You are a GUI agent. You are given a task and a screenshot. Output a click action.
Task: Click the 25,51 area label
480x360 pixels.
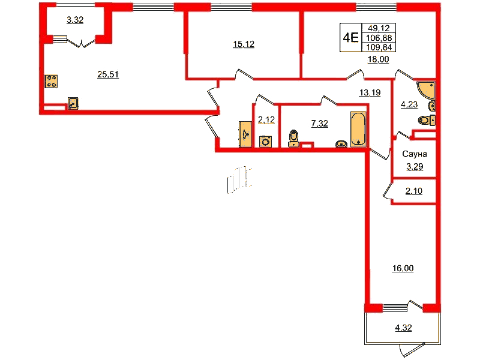(108, 74)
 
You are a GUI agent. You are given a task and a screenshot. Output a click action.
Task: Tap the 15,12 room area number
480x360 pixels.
(244, 44)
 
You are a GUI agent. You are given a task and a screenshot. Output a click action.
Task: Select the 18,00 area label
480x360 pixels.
(379, 59)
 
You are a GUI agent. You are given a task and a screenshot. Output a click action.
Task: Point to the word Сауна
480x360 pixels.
(415, 154)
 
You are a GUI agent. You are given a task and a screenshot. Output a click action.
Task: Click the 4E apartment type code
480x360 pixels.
(350, 38)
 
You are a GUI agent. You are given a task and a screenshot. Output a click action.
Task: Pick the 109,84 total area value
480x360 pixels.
(379, 47)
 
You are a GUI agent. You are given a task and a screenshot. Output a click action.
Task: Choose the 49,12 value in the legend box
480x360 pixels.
(379, 28)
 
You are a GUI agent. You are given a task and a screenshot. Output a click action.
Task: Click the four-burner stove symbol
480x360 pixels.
(51, 82)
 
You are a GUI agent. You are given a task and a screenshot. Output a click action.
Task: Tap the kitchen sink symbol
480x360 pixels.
(73, 103)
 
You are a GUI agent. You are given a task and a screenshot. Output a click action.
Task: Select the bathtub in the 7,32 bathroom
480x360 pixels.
(358, 129)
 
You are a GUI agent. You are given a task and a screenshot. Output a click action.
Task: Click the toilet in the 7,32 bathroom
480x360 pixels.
(294, 139)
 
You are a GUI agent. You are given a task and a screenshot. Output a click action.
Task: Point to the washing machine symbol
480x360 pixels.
(265, 142)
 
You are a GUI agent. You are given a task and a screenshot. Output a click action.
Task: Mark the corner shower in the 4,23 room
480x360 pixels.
(426, 90)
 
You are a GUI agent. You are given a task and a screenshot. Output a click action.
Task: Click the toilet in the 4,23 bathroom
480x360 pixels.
(427, 121)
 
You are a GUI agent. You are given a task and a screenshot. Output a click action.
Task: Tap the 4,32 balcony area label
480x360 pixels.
(403, 328)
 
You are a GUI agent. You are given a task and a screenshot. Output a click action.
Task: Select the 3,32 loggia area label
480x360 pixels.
(75, 20)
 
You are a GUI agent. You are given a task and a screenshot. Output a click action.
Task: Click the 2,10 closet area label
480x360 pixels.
(414, 191)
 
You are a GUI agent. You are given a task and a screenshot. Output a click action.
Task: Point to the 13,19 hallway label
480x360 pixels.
(370, 92)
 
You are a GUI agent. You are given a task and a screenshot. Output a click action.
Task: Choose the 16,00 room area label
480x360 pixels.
(403, 268)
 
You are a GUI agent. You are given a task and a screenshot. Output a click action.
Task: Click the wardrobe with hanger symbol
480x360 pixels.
(245, 134)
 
